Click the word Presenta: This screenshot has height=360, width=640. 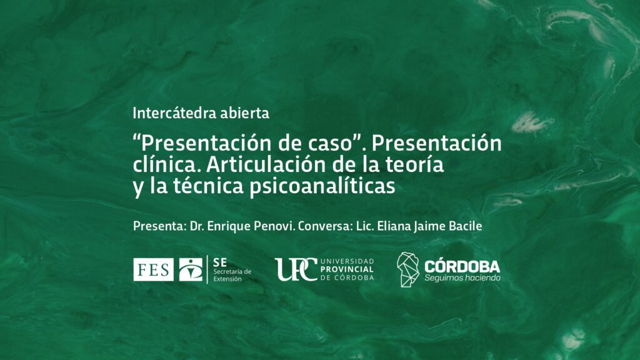159,226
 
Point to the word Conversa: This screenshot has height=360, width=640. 325,226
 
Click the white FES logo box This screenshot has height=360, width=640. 154,270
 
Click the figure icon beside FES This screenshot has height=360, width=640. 191,270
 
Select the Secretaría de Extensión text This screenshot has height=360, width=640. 232,275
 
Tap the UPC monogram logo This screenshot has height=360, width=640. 296,269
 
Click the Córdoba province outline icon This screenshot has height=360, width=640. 407,269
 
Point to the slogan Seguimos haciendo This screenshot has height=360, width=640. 462,278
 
